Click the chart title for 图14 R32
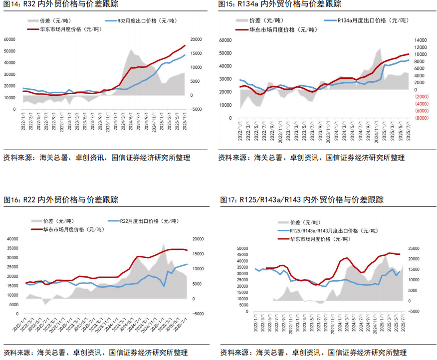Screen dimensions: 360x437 point(61,4)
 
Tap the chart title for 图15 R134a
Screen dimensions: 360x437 point(279,4)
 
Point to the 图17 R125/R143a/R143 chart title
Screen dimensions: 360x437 point(302,200)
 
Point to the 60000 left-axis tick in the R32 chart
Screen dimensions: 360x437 point(9,39)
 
